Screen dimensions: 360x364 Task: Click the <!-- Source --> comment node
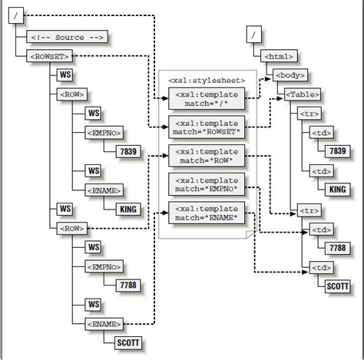[x=67, y=37]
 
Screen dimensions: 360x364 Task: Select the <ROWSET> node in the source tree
[x=48, y=56]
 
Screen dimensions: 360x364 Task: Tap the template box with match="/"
[x=207, y=97]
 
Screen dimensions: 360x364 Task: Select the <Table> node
[x=303, y=94]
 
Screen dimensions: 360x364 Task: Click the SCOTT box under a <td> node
[x=336, y=286]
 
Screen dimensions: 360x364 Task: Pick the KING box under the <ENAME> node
[x=131, y=208]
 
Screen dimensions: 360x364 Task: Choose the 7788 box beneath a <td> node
[x=336, y=248]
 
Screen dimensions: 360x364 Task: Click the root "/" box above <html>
[x=254, y=35]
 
